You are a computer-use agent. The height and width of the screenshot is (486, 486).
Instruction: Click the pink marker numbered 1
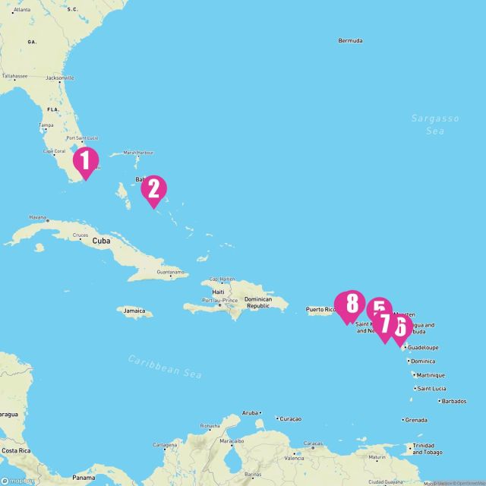(x=85, y=161)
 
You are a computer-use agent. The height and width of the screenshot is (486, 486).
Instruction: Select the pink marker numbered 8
(x=350, y=305)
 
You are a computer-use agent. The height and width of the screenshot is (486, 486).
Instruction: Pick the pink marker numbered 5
(x=378, y=308)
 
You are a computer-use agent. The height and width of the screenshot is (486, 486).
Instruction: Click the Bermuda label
(x=350, y=40)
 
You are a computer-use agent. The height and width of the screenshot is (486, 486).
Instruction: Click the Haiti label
(x=219, y=292)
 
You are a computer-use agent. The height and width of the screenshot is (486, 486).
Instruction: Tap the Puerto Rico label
(x=320, y=309)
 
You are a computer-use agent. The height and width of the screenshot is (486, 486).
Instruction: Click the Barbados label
(x=454, y=401)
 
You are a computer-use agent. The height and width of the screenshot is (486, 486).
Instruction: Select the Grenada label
(x=416, y=419)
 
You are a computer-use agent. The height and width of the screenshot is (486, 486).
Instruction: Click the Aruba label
(x=250, y=412)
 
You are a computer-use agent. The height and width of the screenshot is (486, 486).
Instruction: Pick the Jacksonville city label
(x=59, y=77)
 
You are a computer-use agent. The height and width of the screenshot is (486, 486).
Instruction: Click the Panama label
(x=84, y=477)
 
